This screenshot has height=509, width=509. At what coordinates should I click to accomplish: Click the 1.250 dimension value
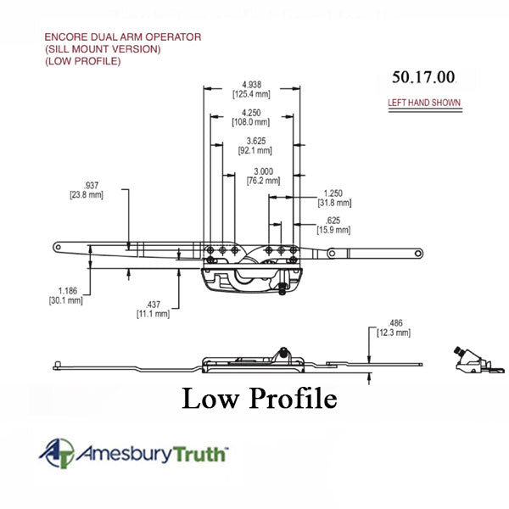tap(333, 193)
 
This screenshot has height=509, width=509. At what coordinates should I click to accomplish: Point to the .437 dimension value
tap(154, 305)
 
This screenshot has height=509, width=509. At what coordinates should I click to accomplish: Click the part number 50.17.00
tap(423, 77)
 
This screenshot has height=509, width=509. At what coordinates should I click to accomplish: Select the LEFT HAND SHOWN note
tap(423, 103)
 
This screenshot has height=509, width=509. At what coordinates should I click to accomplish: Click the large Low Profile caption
tap(259, 398)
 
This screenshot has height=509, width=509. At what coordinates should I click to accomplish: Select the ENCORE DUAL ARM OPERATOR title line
tap(122, 38)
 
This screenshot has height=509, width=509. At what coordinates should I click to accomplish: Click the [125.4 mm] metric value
tap(250, 95)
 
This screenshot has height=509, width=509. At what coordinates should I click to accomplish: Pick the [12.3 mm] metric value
tap(394, 333)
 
